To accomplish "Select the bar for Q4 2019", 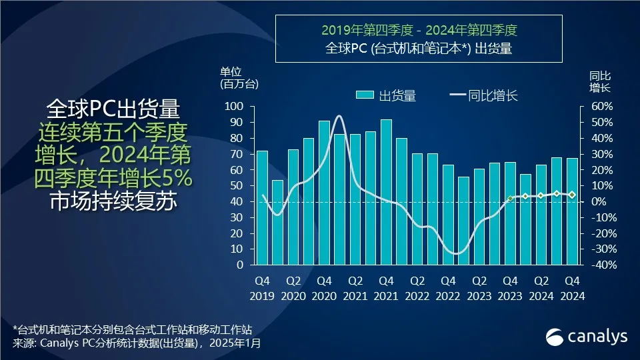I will pyautogui.click(x=262, y=208).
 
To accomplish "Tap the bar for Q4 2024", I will pyautogui.click(x=572, y=211).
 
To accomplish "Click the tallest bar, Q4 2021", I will pyautogui.click(x=386, y=192).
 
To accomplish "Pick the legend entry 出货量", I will pyautogui.click(x=387, y=95).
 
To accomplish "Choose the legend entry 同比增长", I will pyautogui.click(x=484, y=95).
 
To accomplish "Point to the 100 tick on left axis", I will pyautogui.click(x=234, y=107).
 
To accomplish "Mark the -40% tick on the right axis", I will pyautogui.click(x=599, y=265).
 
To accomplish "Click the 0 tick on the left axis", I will pyautogui.click(x=239, y=265).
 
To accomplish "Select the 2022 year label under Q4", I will pyautogui.click(x=448, y=297).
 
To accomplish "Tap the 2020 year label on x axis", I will pyautogui.click(x=324, y=297).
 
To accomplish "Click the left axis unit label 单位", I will pyautogui.click(x=230, y=72).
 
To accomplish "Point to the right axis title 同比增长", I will pyautogui.click(x=600, y=81).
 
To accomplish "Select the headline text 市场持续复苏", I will pyautogui.click(x=113, y=201).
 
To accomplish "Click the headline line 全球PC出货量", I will pyautogui.click(x=113, y=109).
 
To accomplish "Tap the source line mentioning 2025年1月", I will pyautogui.click(x=137, y=343).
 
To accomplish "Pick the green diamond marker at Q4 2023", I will pyautogui.click(x=510, y=199).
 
